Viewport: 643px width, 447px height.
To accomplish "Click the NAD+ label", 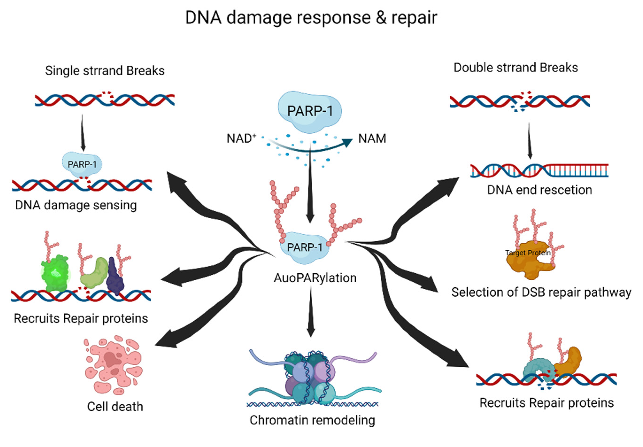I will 241,138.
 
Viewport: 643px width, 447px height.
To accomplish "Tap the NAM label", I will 372,138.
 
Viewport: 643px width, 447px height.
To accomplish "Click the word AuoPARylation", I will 315,278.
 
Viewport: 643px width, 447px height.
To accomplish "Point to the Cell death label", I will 115,406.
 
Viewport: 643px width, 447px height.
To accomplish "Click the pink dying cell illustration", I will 113,364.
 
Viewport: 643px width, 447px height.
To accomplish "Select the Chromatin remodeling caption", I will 312,420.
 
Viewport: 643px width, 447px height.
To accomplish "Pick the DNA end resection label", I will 539,190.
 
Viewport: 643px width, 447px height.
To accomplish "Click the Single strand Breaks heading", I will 105,71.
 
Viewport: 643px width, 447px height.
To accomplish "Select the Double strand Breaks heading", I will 516,68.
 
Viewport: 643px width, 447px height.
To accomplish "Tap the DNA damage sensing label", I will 76,205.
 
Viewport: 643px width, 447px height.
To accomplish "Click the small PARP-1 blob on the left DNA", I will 82,164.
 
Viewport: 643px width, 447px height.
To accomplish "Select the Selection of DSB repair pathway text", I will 541,292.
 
